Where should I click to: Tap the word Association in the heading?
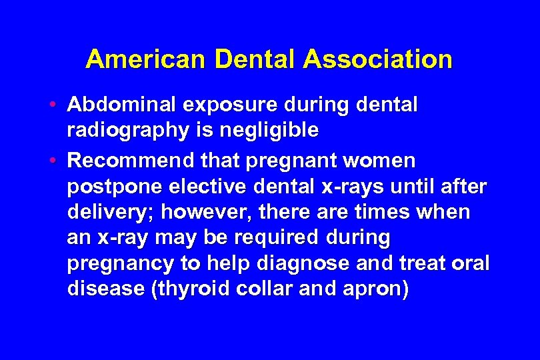tap(377, 60)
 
